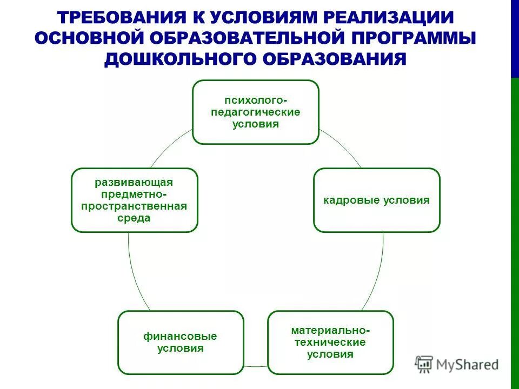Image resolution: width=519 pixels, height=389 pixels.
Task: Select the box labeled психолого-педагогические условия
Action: coord(256,112)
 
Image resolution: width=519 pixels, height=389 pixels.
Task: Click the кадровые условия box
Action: coord(377,200)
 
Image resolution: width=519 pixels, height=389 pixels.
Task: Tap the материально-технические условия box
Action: coord(330,342)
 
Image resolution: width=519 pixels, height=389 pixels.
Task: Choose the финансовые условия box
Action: coord(181,342)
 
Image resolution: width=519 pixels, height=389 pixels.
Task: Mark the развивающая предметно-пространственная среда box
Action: coord(135,200)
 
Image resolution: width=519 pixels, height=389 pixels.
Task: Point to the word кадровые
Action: coord(350,200)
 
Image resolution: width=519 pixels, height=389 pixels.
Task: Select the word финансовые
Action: coord(180,336)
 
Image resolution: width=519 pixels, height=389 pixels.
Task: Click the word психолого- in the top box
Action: coord(256,100)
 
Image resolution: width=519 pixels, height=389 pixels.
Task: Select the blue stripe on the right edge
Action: coord(515,38)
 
